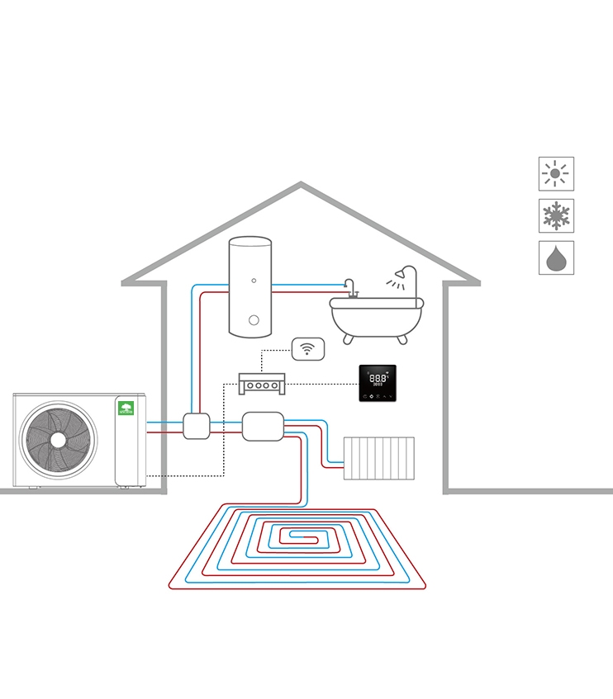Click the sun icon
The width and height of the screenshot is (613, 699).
tap(556, 174)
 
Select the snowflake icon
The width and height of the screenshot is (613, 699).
tap(556, 216)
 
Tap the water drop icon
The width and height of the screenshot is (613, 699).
tap(556, 258)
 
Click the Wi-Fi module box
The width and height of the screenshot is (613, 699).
tap(308, 348)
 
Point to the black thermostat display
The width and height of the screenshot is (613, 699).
tap(378, 383)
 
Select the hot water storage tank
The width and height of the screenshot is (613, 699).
tap(250, 286)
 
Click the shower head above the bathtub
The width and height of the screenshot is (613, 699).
tap(405, 272)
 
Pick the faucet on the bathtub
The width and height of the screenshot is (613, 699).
tap(350, 288)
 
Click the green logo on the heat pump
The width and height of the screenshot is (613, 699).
tap(126, 408)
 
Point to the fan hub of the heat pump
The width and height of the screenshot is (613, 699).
tap(58, 440)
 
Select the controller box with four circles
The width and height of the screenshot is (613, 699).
tap(262, 383)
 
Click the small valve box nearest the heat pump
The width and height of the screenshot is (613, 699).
tap(197, 426)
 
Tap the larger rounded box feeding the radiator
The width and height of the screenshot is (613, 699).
tap(263, 426)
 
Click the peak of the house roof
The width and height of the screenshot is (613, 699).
tap(301, 185)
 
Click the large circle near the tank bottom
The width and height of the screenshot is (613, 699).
tap(254, 320)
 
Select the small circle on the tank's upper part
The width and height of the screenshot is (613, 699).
tap(254, 281)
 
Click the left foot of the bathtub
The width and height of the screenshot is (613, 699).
tap(349, 338)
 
